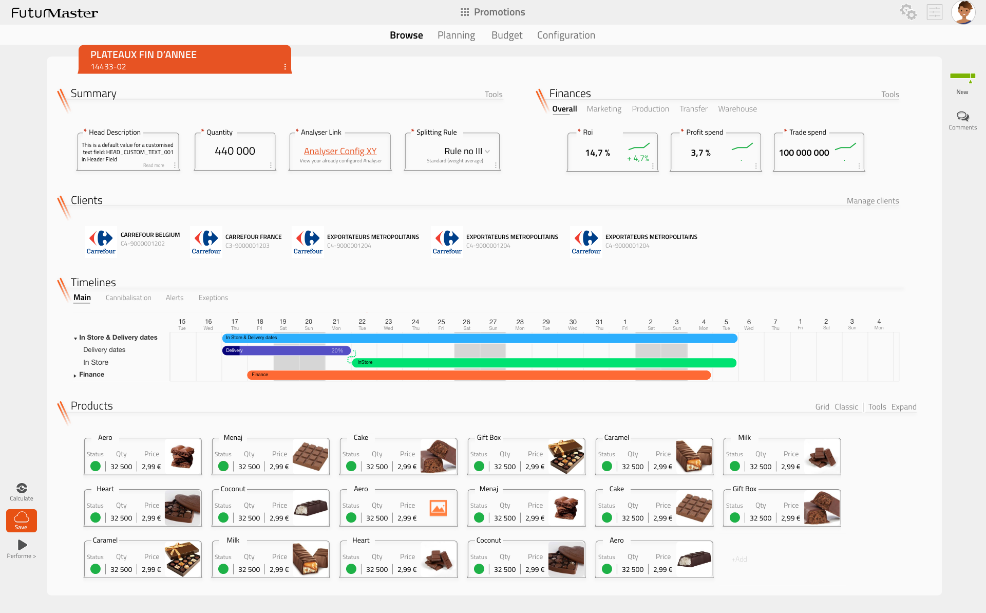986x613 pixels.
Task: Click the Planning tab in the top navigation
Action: pyautogui.click(x=456, y=35)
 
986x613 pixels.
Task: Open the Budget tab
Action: pyautogui.click(x=506, y=35)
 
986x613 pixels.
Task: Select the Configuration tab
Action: pyautogui.click(x=566, y=35)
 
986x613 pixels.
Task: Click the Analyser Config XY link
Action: pyautogui.click(x=340, y=151)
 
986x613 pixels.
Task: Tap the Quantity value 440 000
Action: pyautogui.click(x=235, y=151)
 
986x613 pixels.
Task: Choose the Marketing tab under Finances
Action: pyautogui.click(x=603, y=109)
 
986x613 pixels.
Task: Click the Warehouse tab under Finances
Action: pyautogui.click(x=737, y=109)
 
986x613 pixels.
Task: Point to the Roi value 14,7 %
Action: pyautogui.click(x=597, y=153)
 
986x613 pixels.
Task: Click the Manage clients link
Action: pyautogui.click(x=873, y=201)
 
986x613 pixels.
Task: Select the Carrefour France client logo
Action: pyautogui.click(x=206, y=241)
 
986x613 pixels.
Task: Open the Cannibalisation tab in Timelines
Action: pyautogui.click(x=128, y=298)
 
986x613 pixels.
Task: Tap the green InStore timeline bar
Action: pyautogui.click(x=544, y=363)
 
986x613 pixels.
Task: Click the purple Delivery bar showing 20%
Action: pyautogui.click(x=286, y=350)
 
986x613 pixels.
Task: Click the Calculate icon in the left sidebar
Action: pyautogui.click(x=22, y=488)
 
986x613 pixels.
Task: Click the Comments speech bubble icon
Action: pyautogui.click(x=962, y=117)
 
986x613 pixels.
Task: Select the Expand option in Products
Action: pyautogui.click(x=904, y=407)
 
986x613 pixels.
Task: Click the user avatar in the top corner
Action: pyautogui.click(x=963, y=12)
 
